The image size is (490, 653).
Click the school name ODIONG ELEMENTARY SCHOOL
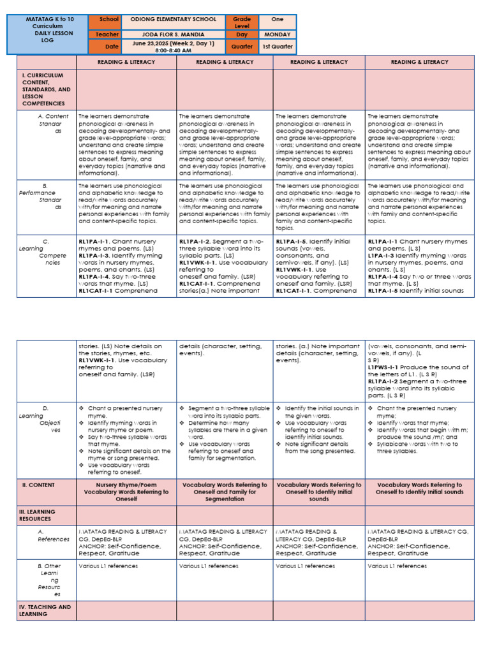[174, 20]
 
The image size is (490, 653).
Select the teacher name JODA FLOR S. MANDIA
[174, 34]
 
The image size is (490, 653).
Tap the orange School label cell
[105, 20]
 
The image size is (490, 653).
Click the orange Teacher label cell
[105, 34]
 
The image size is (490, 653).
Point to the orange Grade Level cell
[242, 22]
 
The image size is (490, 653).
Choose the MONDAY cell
[277, 34]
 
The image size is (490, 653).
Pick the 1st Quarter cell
[277, 47]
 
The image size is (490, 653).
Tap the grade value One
[277, 20]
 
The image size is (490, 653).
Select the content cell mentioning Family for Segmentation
[225, 492]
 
